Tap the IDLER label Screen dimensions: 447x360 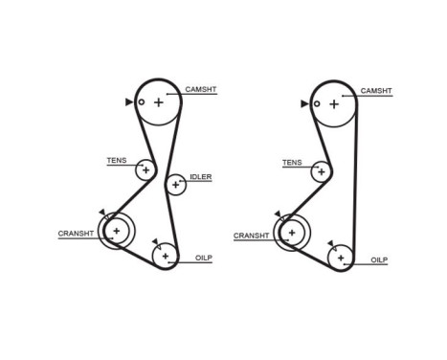[201, 177]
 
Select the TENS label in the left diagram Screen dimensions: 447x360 [116, 160]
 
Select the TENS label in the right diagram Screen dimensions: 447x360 [291, 162]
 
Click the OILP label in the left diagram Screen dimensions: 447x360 [203, 259]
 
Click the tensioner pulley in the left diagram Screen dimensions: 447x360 [145, 170]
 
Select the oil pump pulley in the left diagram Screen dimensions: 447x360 [165, 256]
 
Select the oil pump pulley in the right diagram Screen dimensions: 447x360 [340, 257]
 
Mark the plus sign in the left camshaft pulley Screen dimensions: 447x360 [158, 101]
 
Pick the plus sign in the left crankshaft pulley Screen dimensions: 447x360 [116, 231]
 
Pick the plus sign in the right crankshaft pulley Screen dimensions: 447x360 [291, 232]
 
